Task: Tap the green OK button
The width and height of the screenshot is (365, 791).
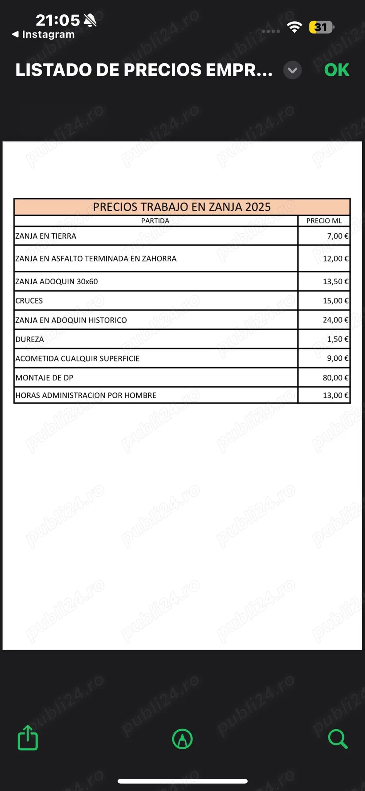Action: pos(336,70)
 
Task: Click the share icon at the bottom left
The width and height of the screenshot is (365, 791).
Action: pos(28,738)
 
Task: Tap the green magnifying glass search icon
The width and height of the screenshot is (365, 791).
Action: pos(338,739)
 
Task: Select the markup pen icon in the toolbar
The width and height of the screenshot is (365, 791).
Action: pos(182,739)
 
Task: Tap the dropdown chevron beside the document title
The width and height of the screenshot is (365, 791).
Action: pos(292,70)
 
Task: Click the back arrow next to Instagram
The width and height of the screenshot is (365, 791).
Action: pos(15,34)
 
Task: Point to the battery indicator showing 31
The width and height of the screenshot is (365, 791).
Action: pos(321,27)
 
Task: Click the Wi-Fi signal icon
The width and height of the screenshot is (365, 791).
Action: pos(294,27)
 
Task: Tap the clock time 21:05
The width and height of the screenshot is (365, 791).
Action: pos(58,20)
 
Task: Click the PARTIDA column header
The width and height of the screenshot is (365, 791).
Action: pos(155,221)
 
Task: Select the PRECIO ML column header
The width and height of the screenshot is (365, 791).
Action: pos(324,221)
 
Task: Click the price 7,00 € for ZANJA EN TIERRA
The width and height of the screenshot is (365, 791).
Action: pos(338,236)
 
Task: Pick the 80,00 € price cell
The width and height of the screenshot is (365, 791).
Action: pos(335,378)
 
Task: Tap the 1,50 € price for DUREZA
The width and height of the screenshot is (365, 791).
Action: pos(338,339)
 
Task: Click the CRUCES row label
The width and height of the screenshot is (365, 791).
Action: pos(29,301)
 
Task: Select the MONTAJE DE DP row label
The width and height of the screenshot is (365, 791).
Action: pos(44,378)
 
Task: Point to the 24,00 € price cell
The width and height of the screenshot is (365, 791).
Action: pos(335,320)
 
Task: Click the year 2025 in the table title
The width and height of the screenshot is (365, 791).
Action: pos(258,207)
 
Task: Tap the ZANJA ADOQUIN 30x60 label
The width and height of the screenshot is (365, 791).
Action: pos(57,282)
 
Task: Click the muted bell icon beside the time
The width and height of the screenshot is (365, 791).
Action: pos(90,20)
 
